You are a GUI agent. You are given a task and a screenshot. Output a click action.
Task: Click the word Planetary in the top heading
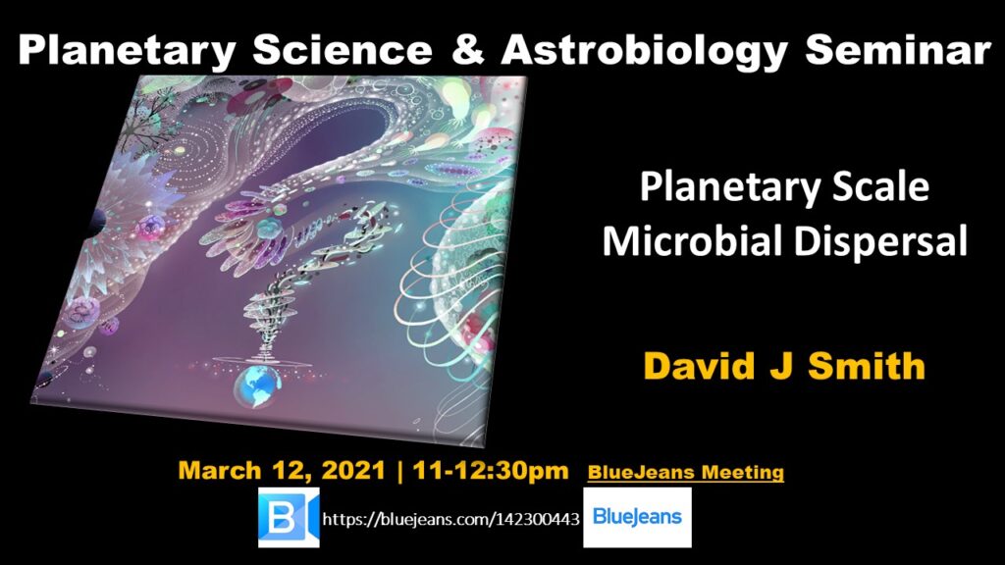(x=128, y=51)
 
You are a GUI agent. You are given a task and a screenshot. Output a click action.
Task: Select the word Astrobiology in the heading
(x=644, y=51)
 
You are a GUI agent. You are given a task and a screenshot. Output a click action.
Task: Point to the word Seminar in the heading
(x=898, y=49)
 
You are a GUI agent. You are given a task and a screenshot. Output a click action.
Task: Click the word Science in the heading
(x=343, y=49)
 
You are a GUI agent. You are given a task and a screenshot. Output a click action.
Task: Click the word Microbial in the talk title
(x=692, y=242)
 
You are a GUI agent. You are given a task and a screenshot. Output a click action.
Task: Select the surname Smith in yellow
(x=867, y=365)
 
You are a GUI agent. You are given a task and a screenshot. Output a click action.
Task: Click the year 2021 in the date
(x=353, y=470)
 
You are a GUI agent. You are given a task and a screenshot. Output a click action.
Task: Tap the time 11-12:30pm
(x=491, y=470)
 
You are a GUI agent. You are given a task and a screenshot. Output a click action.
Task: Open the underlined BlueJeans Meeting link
(x=686, y=473)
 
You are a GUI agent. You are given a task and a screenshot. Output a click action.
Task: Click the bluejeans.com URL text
(x=451, y=518)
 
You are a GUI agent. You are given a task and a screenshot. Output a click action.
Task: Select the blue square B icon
(x=289, y=517)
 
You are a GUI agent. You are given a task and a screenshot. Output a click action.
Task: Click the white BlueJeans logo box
(x=637, y=517)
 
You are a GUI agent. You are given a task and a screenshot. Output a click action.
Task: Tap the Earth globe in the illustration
(x=257, y=386)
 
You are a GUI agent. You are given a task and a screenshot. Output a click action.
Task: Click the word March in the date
(x=219, y=470)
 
